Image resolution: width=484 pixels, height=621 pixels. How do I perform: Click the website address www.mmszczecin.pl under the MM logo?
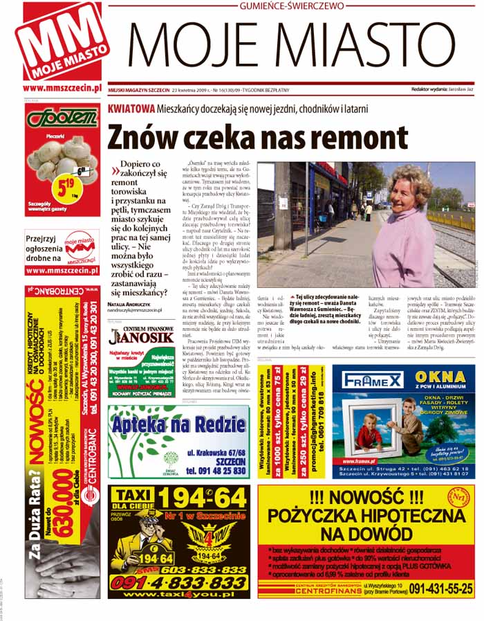click(62, 88)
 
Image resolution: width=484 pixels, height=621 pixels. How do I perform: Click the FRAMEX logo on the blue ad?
click(369, 379)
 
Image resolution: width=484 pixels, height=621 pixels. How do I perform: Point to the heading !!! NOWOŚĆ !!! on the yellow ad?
click(365, 496)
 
